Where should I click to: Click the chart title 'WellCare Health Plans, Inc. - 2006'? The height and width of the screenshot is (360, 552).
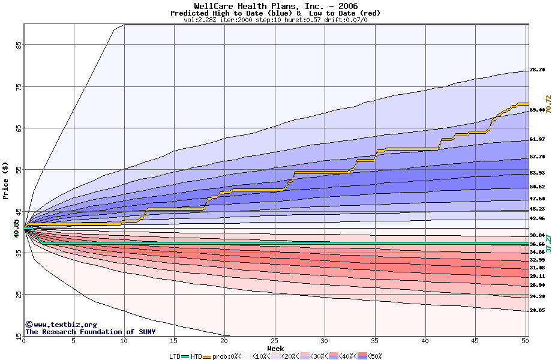[275, 6]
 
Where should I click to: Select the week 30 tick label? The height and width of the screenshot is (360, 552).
[324, 341]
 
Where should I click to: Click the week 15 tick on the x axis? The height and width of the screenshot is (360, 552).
[173, 341]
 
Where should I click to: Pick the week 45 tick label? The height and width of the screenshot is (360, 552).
[475, 341]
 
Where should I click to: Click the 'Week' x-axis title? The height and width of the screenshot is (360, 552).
[275, 348]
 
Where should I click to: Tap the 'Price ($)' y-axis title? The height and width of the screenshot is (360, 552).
[6, 181]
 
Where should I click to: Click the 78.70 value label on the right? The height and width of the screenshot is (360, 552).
[537, 70]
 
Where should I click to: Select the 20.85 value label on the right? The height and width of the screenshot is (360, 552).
[537, 310]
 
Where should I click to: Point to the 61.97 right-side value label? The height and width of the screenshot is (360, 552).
[537, 139]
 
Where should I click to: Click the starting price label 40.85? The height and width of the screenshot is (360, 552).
[17, 227]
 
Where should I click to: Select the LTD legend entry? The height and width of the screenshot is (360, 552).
[176, 356]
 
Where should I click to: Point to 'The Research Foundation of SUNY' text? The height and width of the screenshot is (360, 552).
[90, 332]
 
